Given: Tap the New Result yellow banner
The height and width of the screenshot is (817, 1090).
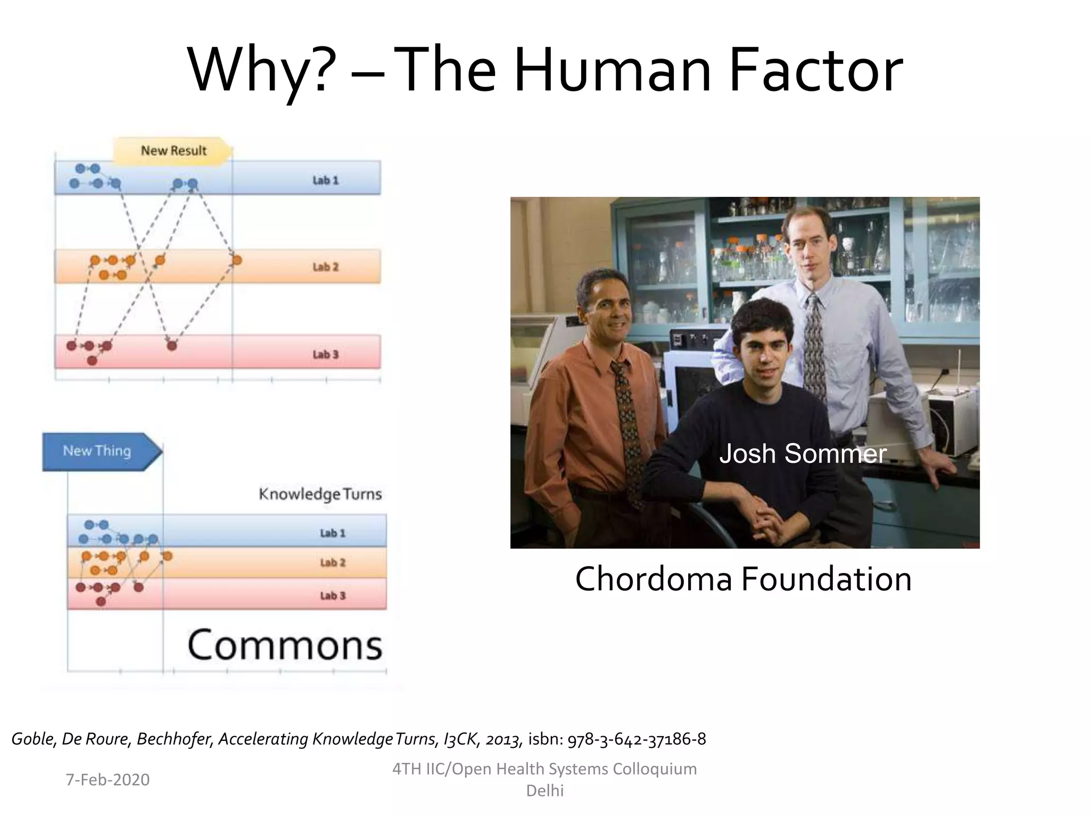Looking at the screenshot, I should pos(173,151).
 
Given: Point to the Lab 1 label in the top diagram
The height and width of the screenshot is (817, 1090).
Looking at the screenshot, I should pos(325,180).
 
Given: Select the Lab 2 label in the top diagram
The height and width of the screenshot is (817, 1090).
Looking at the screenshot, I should pos(325,267).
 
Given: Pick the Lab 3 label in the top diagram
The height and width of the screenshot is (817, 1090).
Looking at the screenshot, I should pos(325,354).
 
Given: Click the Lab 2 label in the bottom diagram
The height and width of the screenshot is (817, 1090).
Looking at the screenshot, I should pos(333,562).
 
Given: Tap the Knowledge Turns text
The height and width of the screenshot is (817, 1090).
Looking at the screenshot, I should pos(320,494).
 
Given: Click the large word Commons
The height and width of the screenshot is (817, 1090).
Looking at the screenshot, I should pos(285,645).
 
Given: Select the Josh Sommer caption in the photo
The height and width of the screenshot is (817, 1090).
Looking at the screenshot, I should pos(803,454).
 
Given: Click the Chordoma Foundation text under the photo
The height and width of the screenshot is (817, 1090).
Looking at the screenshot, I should pos(743,579).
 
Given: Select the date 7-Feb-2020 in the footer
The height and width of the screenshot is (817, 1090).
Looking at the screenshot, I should pos(108,780).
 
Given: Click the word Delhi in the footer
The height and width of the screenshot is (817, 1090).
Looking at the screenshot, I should pos(544,791).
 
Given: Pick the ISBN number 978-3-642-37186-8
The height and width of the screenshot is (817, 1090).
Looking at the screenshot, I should pos(637,739).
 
